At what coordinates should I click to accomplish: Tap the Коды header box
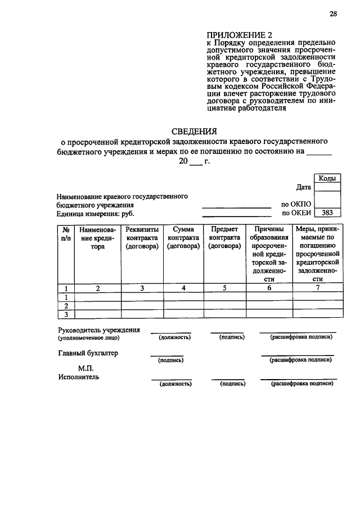327,178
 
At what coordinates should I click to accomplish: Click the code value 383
327,213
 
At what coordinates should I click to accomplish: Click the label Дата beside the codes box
304,187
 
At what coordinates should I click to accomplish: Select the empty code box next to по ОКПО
327,204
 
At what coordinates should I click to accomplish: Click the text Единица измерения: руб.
96,214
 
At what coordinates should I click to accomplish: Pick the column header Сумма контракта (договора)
183,238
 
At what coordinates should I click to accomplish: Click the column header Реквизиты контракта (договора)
142,238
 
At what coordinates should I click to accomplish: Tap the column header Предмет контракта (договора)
224,238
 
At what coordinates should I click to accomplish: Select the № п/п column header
66,233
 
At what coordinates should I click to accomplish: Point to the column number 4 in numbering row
183,288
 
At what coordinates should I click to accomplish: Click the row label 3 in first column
66,314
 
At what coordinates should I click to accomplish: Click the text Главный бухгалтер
88,353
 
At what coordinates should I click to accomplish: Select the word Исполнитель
79,377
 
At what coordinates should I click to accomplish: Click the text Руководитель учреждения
99,330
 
